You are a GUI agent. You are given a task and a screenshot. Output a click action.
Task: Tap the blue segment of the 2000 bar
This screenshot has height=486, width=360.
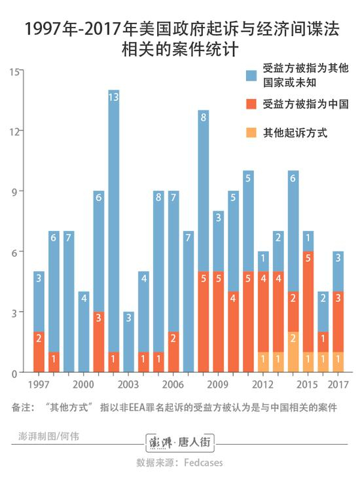tap(84, 332)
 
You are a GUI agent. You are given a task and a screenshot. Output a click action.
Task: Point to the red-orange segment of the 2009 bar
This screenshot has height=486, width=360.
tap(219, 322)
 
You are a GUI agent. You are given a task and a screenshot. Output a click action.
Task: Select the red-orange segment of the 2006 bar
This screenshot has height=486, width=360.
tap(174, 352)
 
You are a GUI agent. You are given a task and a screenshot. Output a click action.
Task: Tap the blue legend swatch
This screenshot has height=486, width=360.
tap(251, 75)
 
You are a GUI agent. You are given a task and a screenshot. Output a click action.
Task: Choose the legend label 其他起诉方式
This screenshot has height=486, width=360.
tap(295, 133)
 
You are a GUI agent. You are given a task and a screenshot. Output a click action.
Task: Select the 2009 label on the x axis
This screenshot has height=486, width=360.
tap(219, 384)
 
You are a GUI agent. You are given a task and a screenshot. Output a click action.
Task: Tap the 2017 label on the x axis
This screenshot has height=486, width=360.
tap(338, 384)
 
